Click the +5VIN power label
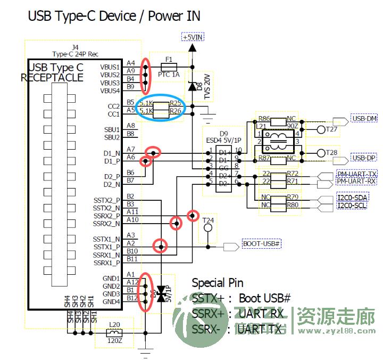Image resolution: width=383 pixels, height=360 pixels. [x=193, y=37]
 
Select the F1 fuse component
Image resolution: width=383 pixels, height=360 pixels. [x=169, y=67]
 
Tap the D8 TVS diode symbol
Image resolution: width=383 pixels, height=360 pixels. [x=192, y=85]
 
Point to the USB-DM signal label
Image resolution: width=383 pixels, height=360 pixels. [x=364, y=119]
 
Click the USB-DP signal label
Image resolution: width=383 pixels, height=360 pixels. [x=364, y=158]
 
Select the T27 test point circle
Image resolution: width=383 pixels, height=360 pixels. [x=321, y=129]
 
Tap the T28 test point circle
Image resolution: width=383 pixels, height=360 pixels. [x=321, y=153]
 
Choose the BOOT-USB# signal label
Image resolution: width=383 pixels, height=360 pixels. [x=261, y=244]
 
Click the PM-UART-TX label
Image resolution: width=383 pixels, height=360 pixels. [x=357, y=174]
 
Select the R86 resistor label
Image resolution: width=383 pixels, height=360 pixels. [x=264, y=118]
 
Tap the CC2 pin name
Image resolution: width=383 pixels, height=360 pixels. [x=113, y=106]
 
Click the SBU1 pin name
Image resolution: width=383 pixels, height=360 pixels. [x=112, y=129]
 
